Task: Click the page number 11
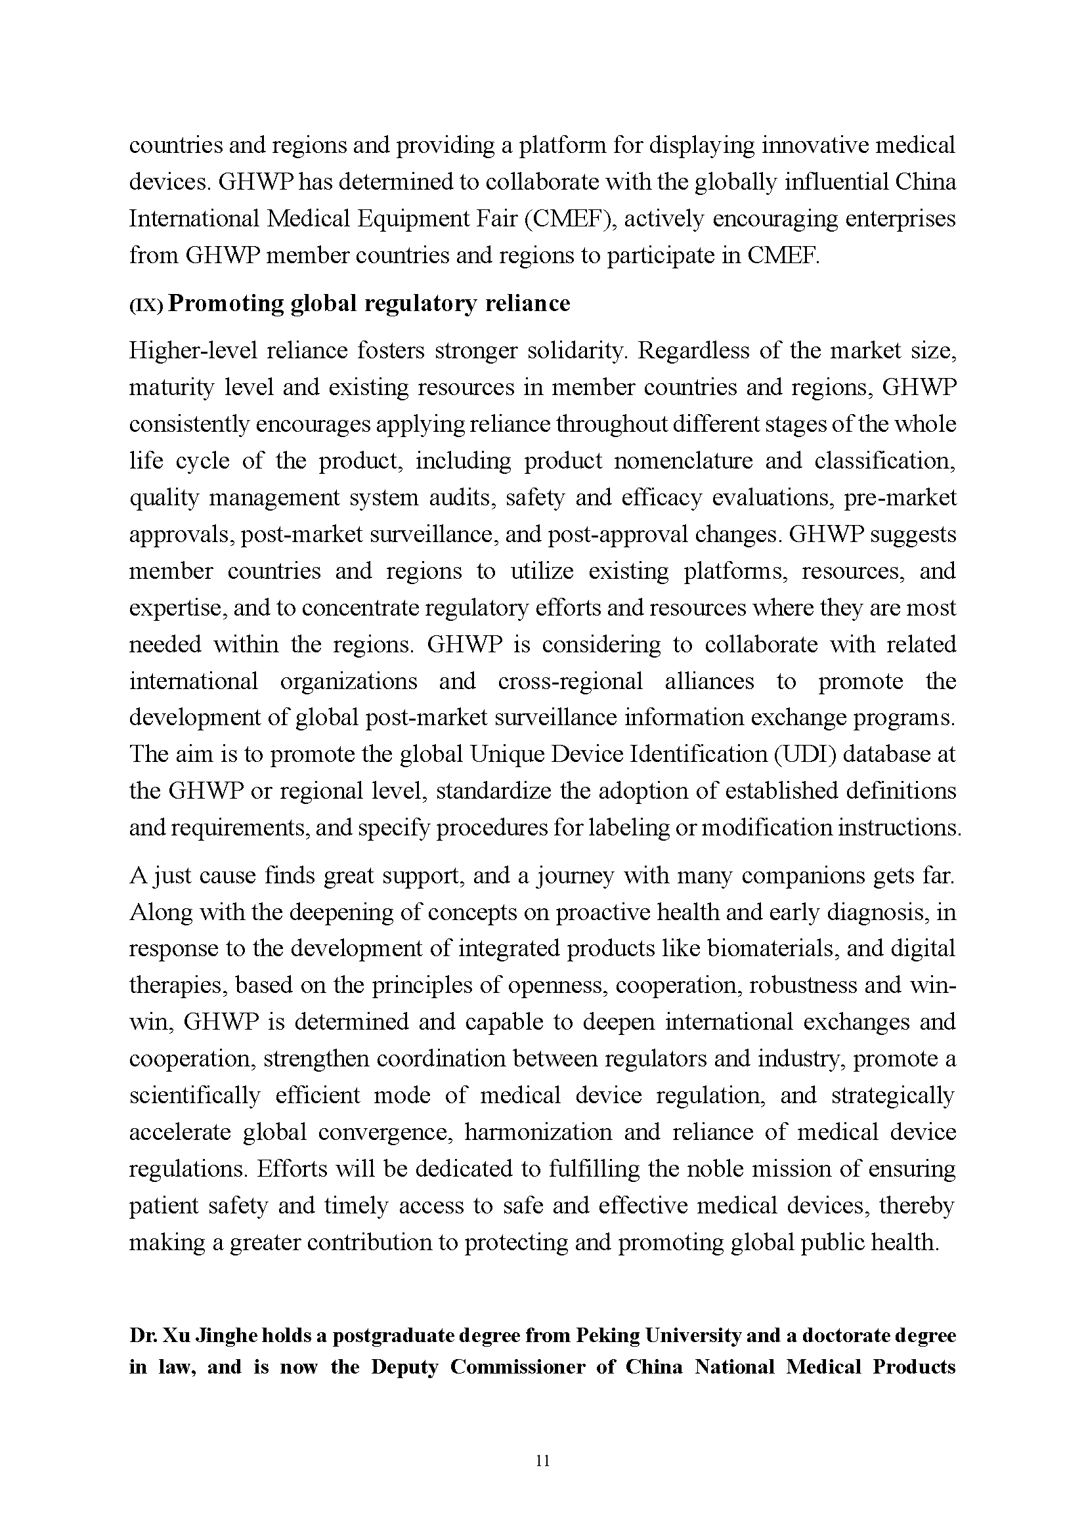[542, 1461]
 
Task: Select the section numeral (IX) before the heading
[146, 305]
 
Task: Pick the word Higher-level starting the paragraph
[193, 351]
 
